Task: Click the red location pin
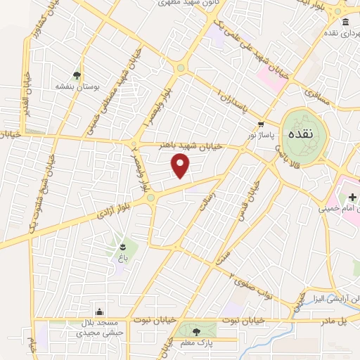click(x=181, y=167)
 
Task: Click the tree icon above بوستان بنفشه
click(x=77, y=75)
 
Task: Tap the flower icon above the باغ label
click(x=123, y=246)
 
